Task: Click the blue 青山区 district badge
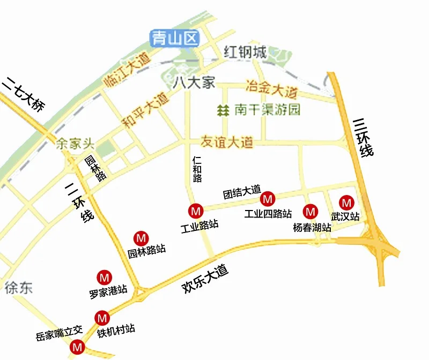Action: (174, 38)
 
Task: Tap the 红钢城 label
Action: (245, 52)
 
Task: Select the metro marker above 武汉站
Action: (347, 202)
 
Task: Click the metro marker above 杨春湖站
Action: (310, 211)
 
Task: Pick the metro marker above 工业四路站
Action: (267, 199)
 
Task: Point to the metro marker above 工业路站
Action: (196, 210)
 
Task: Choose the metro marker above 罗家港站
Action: (103, 277)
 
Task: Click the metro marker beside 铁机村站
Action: (101, 318)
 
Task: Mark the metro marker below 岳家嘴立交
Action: (78, 347)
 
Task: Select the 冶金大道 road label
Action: (271, 86)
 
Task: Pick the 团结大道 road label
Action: (241, 191)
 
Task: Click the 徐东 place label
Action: (18, 288)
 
